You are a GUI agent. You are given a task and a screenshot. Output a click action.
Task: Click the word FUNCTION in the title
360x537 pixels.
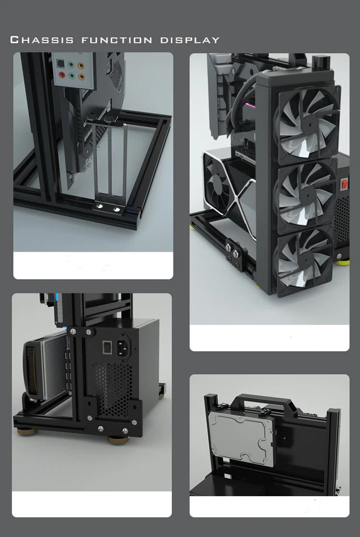click(x=117, y=40)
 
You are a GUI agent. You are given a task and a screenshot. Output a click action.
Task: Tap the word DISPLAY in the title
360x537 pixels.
click(x=190, y=40)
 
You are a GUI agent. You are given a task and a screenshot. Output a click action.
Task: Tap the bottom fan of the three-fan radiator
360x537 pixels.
click(x=302, y=261)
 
